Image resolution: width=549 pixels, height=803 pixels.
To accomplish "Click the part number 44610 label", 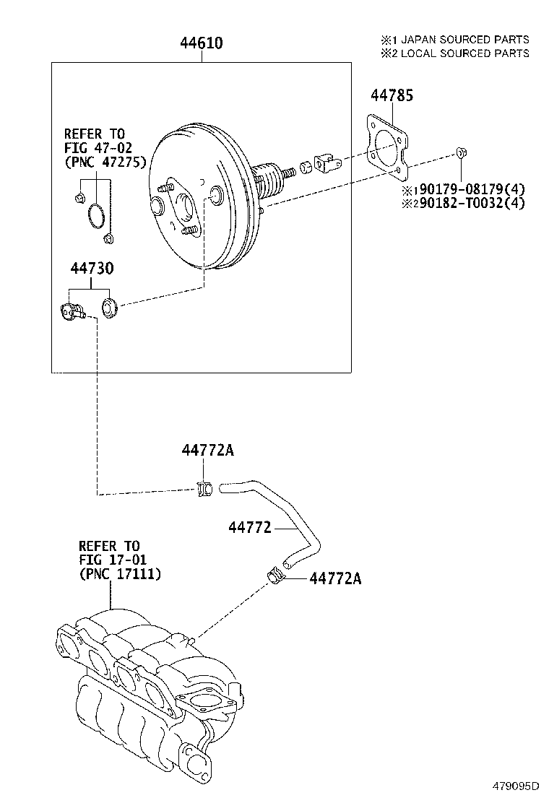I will [201, 44].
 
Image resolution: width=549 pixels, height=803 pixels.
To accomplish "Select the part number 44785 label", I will [392, 95].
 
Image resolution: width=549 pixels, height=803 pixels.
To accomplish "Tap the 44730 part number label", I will [92, 269].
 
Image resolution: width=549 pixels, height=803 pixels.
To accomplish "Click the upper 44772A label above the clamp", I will [207, 451].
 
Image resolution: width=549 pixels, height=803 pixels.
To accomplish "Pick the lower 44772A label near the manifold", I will [335, 578].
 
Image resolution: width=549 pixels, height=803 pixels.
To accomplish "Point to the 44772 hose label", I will [249, 528].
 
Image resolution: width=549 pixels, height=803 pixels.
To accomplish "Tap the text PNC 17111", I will [119, 574].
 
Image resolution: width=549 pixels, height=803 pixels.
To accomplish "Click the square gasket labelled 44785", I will [386, 148].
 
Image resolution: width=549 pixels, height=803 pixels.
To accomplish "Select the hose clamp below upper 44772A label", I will [204, 490].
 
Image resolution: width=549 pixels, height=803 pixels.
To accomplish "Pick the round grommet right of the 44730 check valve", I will [111, 307].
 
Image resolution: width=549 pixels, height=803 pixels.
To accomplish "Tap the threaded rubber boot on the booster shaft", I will [270, 180].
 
